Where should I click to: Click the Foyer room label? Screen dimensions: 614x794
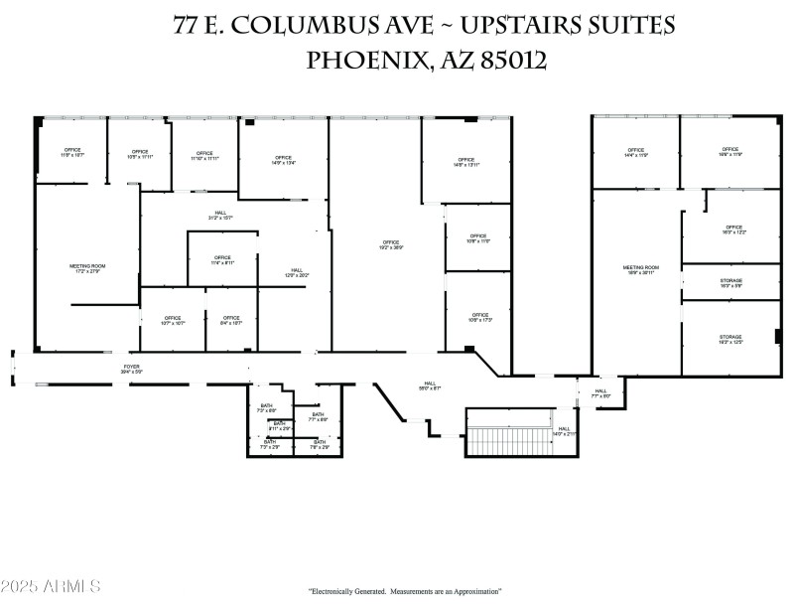pos(133,369)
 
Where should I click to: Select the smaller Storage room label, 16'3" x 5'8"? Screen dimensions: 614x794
pos(730,283)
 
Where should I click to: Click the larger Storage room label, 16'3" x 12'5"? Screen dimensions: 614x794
pos(730,340)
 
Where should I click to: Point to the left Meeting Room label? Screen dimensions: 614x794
pos(87,268)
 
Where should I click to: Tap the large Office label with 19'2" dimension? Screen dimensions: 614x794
pos(390,244)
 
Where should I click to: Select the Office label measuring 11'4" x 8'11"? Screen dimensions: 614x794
pos(222,260)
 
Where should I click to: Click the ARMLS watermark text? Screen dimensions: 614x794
pos(52,586)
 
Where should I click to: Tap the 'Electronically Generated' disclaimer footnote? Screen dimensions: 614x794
pos(405,591)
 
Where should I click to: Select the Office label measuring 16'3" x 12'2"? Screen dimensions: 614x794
pos(733,230)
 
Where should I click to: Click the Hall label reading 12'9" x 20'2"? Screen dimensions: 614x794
pos(296,273)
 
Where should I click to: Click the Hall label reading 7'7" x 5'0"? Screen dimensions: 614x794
pos(601,393)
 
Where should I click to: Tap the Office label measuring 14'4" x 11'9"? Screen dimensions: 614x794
pos(636,153)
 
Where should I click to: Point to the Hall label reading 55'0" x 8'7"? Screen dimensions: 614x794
pos(430,385)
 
